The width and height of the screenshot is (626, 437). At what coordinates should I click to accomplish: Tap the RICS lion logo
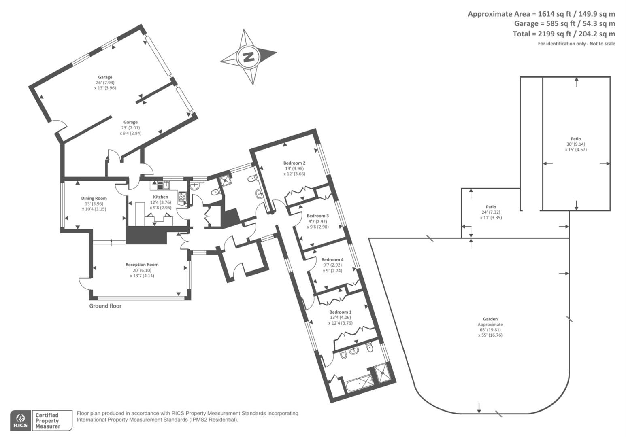tap(20, 420)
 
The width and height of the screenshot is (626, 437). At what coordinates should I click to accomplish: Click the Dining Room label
tap(94, 198)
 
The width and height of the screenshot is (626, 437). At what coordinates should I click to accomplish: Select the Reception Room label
tap(142, 265)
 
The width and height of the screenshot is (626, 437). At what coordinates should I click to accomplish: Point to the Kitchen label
tap(160, 197)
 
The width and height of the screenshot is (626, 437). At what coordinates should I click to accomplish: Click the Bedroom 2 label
tap(294, 163)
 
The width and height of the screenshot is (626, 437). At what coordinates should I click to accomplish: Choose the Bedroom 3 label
tap(317, 216)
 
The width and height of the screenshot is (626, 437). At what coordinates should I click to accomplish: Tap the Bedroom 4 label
tap(332, 260)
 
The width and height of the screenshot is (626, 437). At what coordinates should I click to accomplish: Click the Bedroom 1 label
tap(340, 312)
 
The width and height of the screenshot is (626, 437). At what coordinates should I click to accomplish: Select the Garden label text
tap(490, 319)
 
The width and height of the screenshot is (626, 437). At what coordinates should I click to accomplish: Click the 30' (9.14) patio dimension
tap(576, 144)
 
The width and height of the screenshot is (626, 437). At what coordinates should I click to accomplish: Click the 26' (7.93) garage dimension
tap(105, 83)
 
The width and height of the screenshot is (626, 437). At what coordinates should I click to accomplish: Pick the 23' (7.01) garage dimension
tap(130, 127)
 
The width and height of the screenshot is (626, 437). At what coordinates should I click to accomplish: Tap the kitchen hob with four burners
tap(182, 197)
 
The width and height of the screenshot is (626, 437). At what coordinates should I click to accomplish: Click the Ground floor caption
tap(105, 306)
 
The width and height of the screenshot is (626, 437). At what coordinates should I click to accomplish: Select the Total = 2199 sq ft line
tap(564, 34)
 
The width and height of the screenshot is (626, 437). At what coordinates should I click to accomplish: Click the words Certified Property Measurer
tap(47, 421)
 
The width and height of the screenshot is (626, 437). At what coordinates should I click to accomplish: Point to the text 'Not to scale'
tap(602, 44)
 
